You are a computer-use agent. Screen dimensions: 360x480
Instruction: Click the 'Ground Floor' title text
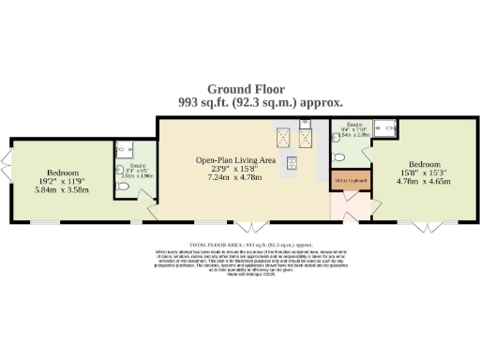[x=240, y=89]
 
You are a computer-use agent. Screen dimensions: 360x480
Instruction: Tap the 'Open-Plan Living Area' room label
[x=235, y=160]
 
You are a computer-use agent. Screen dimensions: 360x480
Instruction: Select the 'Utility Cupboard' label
[x=350, y=180]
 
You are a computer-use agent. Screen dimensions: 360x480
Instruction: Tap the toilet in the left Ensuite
[x=124, y=186]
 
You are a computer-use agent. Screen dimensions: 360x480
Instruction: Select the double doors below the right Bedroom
[x=417, y=226]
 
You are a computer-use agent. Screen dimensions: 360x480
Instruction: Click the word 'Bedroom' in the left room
[x=65, y=171]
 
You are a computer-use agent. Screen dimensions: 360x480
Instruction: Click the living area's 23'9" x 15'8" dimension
[x=235, y=169]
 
